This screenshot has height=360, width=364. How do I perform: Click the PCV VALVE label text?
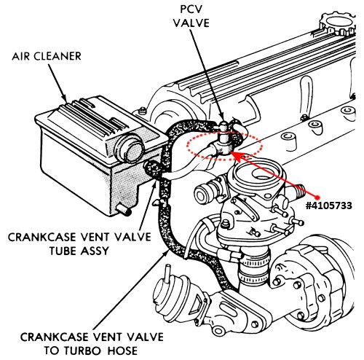tap(191, 16)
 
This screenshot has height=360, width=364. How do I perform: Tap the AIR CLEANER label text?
tap(47, 56)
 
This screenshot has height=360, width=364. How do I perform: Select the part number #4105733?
tap(329, 206)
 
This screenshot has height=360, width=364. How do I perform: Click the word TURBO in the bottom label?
tap(82, 351)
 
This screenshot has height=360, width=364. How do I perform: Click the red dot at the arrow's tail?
tap(317, 197)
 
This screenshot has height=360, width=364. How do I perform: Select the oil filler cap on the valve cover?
tap(337, 23)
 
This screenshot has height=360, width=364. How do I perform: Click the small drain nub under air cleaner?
tap(124, 210)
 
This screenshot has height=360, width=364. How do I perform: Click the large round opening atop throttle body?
tap(264, 173)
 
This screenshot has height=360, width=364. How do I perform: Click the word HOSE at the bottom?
tap(123, 351)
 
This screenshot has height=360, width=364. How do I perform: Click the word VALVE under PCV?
tap(191, 23)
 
